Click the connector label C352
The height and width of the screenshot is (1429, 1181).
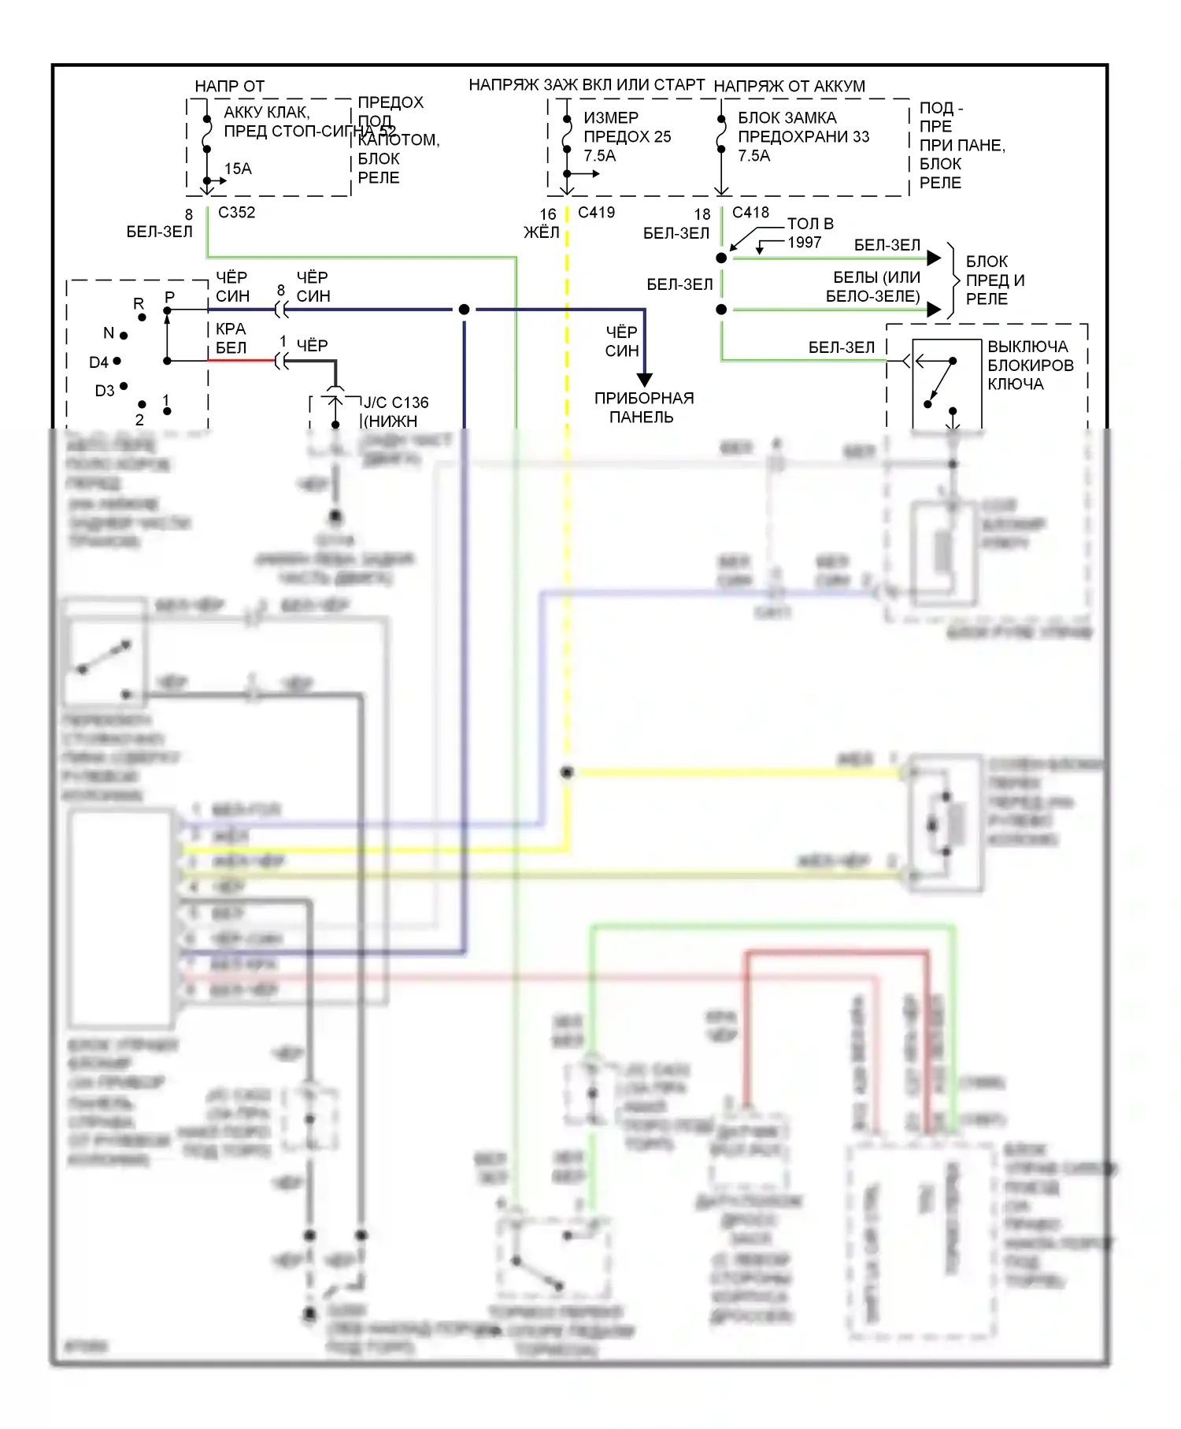point(236,213)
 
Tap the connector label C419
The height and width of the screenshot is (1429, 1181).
point(596,213)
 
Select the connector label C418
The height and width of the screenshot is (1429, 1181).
point(750,213)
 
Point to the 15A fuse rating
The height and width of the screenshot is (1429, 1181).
point(238,169)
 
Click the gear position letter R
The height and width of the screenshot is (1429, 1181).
point(139,304)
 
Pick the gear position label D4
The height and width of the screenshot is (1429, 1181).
point(98,362)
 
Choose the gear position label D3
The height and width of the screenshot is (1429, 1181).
point(105,391)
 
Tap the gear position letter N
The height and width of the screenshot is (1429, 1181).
point(109,333)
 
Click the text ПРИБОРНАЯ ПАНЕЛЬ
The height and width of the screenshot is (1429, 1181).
point(643,407)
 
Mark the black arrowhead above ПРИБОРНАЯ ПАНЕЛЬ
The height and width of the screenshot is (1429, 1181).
point(644,380)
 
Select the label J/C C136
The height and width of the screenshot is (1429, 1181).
point(396,403)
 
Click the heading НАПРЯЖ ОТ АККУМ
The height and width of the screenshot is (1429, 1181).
point(789,87)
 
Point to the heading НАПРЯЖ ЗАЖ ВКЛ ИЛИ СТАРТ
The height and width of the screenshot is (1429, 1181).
point(587,85)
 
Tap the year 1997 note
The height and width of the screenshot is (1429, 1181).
point(805,243)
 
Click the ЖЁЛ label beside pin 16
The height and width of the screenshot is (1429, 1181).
point(542,232)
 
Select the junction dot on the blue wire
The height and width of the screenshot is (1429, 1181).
point(465,310)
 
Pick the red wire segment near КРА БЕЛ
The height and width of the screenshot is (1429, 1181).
point(240,361)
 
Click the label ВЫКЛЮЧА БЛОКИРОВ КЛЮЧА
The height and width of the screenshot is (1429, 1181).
point(1030,366)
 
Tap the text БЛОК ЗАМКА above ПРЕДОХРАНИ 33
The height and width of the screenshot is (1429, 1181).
point(787,118)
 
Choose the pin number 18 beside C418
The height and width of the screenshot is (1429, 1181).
point(702,214)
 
